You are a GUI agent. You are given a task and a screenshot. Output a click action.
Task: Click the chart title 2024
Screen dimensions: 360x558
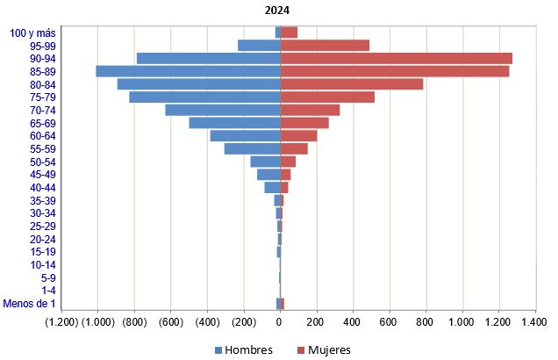coord(279,11)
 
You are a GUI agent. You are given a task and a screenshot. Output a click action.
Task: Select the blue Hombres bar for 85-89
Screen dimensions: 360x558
coord(188,71)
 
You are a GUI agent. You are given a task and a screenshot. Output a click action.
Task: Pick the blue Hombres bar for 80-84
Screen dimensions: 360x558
coord(198,84)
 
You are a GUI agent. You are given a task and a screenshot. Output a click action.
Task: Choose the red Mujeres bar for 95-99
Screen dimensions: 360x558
coord(325,46)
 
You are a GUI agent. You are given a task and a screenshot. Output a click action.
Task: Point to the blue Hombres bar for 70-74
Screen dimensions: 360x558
coord(222,110)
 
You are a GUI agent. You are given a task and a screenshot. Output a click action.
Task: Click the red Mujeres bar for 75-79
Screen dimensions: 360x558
coord(327,97)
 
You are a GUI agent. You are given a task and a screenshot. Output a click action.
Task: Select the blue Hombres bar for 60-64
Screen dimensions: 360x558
coord(245,135)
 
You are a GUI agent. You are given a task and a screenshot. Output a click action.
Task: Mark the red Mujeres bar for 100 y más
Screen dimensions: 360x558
coord(289,32)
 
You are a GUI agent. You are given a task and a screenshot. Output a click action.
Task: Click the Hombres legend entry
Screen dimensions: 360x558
coord(243,349)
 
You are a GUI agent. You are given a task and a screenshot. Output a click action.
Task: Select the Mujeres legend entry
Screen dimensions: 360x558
coord(324,349)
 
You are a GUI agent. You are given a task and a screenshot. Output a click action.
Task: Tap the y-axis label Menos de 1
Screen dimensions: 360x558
coord(30,304)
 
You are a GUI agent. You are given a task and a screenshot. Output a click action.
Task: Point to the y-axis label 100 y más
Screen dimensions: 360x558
coord(33,32)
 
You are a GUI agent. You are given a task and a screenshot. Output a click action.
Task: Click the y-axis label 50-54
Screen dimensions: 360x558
coord(43,162)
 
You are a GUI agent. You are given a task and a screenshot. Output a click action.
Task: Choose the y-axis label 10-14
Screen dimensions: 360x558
coord(43,265)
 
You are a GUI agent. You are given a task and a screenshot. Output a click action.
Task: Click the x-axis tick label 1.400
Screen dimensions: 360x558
coord(534,323)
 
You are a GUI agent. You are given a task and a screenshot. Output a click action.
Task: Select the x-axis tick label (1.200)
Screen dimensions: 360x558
coord(61,323)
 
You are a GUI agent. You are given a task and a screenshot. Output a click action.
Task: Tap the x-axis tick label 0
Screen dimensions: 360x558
coord(280,323)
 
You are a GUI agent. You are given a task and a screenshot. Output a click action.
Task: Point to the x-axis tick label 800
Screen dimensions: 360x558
coord(426,323)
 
